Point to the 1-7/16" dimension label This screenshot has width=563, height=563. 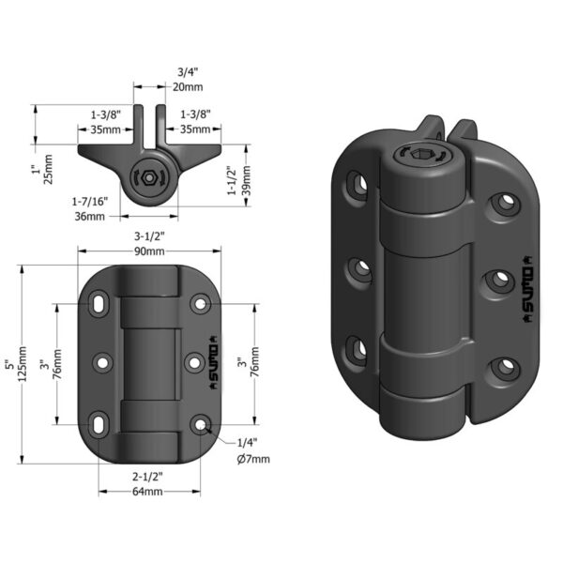89,201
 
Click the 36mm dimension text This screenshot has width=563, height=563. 89,218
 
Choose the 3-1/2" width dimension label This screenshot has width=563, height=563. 149,236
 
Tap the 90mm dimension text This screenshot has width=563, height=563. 149,252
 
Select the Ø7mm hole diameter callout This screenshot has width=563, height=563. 252,458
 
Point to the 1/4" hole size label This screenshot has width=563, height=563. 247,441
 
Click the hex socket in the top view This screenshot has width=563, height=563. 148,175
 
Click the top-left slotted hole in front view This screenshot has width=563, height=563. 99,305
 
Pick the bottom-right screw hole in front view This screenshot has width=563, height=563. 200,425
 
